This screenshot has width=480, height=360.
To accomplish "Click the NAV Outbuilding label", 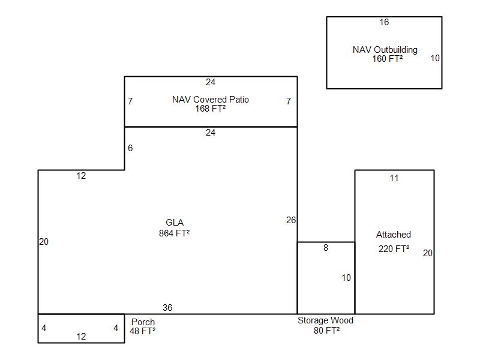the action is (385, 50).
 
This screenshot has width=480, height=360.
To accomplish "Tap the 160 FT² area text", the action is (387, 59).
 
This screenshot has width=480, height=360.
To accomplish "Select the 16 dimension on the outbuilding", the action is (384, 22).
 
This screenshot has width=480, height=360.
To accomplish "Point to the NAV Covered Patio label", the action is (211, 100).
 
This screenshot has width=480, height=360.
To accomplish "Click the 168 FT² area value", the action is (211, 109).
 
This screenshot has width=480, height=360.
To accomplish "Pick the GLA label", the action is (175, 223).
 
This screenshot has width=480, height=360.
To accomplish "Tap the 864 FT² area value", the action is (174, 233).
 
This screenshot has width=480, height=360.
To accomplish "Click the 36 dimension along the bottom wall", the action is (167, 308).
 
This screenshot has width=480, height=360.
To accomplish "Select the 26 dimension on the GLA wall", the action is (291, 220).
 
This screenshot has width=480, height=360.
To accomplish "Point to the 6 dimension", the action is (130, 148).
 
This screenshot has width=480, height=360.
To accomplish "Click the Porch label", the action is (143, 322).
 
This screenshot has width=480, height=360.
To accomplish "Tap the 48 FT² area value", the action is (142, 331).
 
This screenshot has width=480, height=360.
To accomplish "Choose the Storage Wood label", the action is (325, 320).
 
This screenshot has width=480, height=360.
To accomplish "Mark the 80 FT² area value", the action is (326, 331).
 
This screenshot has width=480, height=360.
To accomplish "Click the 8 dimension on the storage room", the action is (326, 248).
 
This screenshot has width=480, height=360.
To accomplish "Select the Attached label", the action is (394, 235).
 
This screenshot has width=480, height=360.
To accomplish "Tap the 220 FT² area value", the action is (394, 249).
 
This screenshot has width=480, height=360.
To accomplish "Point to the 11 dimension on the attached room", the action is (394, 178).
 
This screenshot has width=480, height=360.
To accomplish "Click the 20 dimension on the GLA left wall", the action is (44, 242).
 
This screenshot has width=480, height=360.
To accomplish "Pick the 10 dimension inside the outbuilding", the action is (435, 58).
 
